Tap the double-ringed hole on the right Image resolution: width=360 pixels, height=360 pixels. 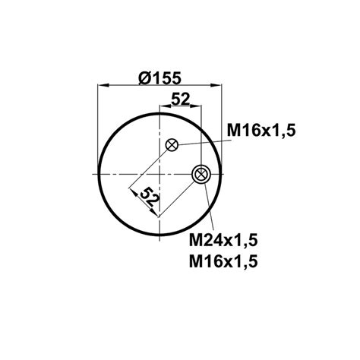201,175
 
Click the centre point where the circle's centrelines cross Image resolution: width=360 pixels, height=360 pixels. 162,175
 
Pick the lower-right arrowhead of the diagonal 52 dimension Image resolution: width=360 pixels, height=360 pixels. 157,213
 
